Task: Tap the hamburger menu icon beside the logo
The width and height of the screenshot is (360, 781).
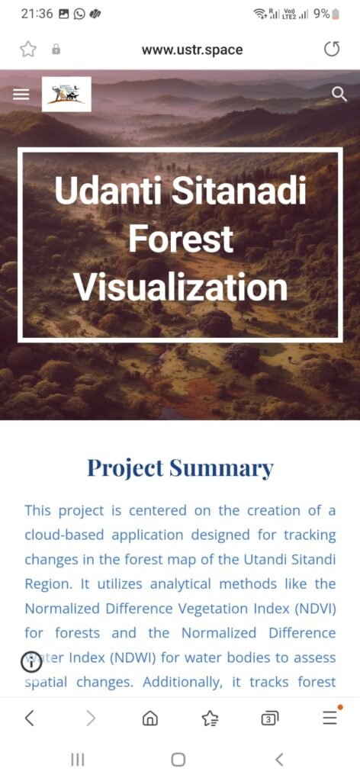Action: coord(21,94)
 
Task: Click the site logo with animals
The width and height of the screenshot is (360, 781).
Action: coord(66,94)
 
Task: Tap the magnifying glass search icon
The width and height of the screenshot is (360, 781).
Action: coord(339,94)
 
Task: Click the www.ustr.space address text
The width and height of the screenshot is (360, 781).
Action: coord(192,50)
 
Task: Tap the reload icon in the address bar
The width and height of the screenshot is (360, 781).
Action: coord(332,50)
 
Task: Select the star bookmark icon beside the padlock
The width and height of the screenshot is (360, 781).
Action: coord(28,50)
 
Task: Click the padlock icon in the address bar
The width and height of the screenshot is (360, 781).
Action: coord(56,50)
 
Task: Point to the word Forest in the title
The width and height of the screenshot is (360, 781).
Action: coord(180,239)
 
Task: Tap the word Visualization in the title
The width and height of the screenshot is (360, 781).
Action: coord(180,288)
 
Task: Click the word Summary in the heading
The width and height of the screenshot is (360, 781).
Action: coord(222,468)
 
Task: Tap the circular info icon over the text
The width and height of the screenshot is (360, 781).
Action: coord(31,663)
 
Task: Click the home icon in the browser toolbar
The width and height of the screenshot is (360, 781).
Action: coord(150,718)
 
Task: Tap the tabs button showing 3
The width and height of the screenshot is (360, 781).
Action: coord(270,718)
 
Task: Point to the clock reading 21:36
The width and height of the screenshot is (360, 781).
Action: coord(37,14)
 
